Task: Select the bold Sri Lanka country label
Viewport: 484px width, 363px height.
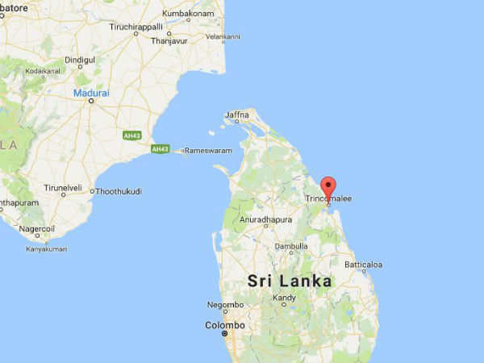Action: tap(290, 281)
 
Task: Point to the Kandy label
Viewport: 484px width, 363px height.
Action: tap(285, 298)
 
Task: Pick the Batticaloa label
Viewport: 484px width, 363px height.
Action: tap(363, 265)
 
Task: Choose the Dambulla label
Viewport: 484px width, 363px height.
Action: tap(291, 246)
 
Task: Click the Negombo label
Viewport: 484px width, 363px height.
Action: tap(225, 305)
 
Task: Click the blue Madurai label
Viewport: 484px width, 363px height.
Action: tap(90, 93)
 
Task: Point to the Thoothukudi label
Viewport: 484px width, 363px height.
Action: tap(119, 191)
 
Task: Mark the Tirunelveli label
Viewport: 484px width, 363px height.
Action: tap(63, 187)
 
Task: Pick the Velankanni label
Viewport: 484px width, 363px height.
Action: tap(223, 36)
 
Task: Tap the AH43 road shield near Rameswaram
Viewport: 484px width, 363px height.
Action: tap(160, 149)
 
